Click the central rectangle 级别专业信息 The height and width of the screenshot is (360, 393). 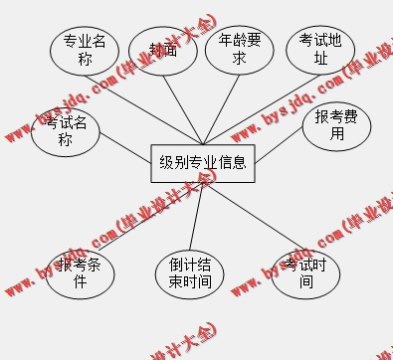click(x=203, y=161)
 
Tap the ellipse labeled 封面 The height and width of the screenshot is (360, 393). click(x=163, y=51)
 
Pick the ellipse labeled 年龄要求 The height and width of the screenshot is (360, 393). click(x=239, y=50)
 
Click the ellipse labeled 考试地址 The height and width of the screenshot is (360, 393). click(x=320, y=50)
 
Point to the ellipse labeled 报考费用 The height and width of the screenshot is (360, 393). click(x=336, y=125)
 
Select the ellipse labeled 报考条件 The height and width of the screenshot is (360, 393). click(x=80, y=272)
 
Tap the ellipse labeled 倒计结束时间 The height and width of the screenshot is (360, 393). click(x=190, y=273)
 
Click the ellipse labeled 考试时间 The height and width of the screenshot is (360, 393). click(x=305, y=273)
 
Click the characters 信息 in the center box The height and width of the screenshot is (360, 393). click(x=232, y=161)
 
